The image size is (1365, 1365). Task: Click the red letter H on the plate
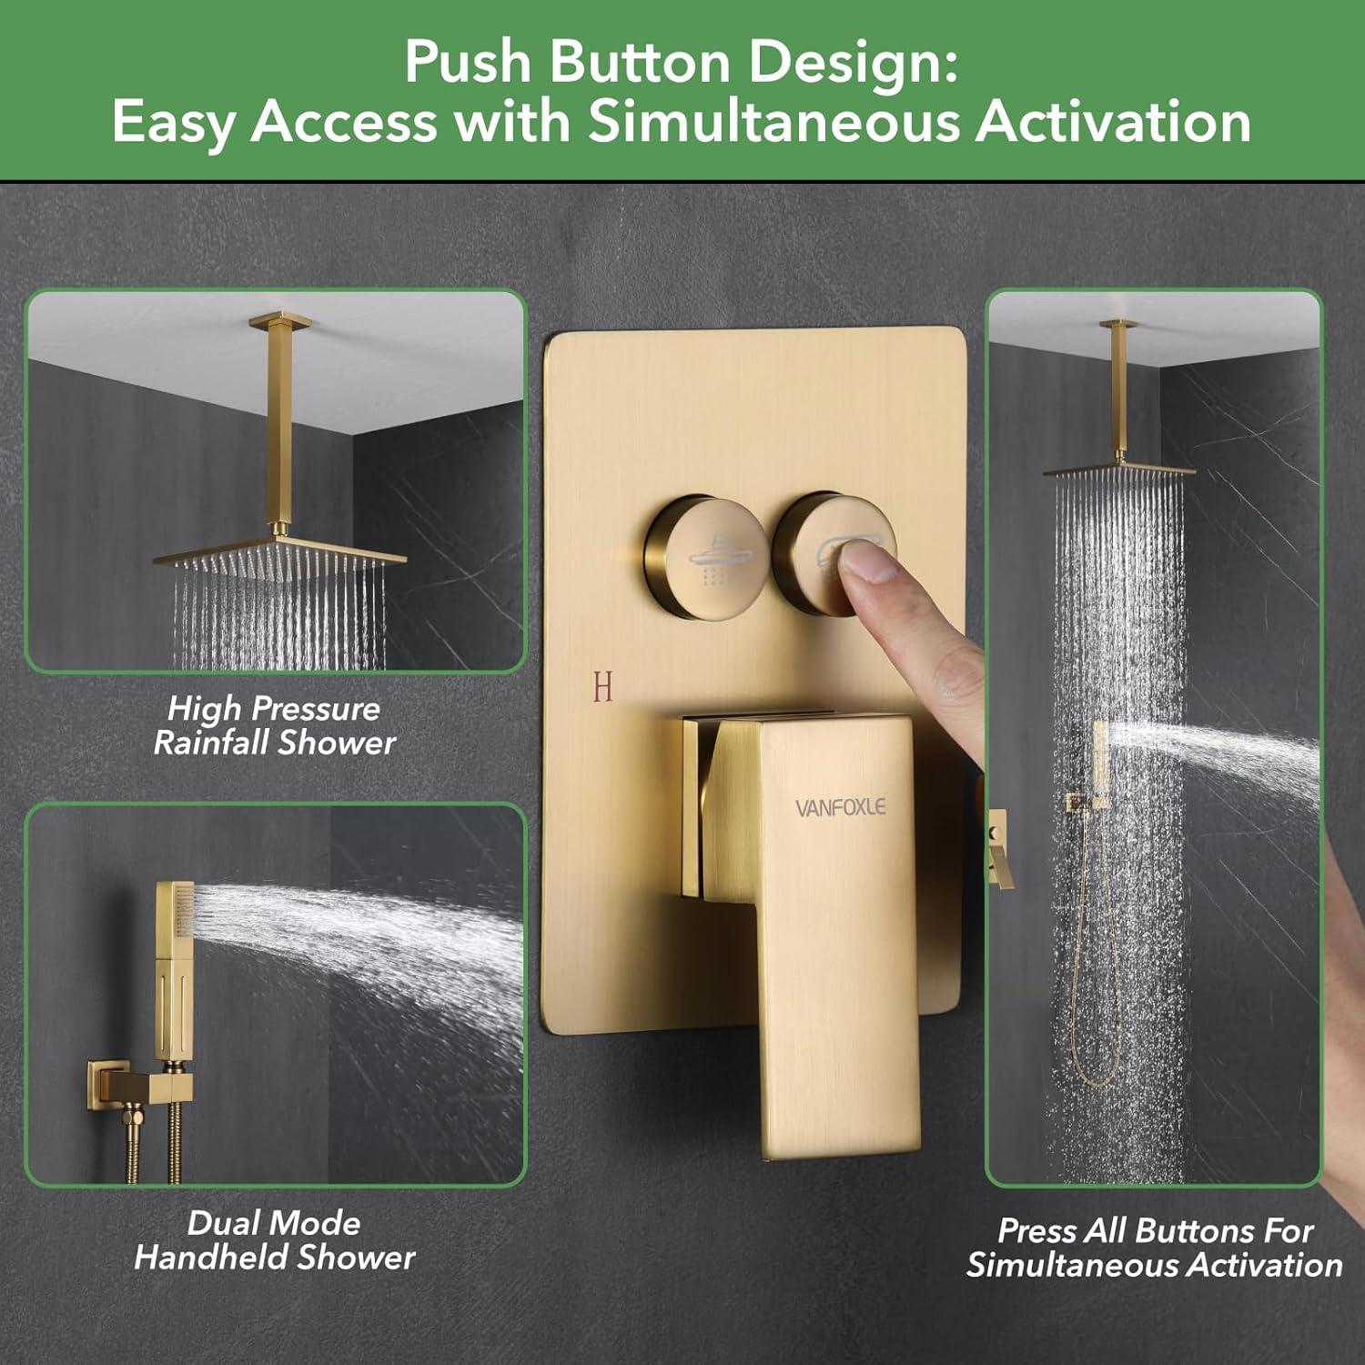(x=602, y=687)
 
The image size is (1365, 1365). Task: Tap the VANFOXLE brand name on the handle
(x=840, y=807)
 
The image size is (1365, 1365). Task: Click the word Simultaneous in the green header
(x=773, y=122)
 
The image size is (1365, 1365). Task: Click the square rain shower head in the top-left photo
(x=280, y=554)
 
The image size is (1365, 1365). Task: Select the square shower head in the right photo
(x=1119, y=470)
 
